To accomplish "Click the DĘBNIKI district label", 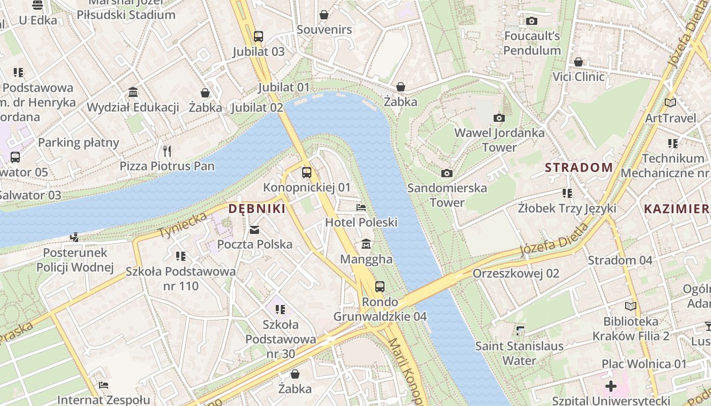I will tap(256, 209).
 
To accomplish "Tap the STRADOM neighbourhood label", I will tap(578, 167).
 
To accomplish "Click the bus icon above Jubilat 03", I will tap(258, 36).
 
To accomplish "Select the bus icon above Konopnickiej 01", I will tap(307, 172).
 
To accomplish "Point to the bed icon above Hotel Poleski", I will tap(361, 207).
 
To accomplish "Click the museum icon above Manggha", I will tap(366, 245).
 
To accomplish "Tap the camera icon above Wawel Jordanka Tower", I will tap(499, 118).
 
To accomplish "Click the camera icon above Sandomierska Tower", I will tap(447, 173).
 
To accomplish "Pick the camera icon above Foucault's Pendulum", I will tap(532, 21).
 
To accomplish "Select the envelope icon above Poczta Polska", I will tap(254, 230).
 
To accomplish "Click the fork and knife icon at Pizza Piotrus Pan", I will tap(167, 151).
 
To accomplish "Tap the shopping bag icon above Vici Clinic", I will tap(578, 62).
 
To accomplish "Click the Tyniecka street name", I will tap(183, 225).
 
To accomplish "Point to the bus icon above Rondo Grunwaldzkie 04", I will tap(380, 286).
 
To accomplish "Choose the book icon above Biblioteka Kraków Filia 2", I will tap(630, 306).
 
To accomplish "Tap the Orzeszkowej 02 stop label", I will tap(515, 274).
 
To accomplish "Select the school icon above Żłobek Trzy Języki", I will tap(567, 193).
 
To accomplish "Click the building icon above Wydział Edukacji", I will tap(133, 92).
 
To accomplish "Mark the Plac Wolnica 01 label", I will tap(644, 364).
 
